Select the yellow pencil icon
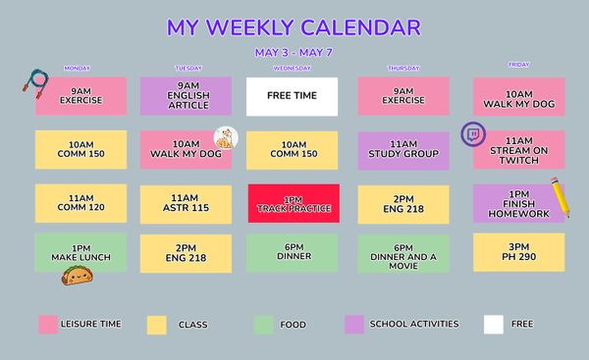coord(561,198)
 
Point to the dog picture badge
coord(227,138)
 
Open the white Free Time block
coord(292,96)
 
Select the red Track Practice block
coord(293,202)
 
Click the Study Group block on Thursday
coord(403,149)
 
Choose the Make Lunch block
coord(80,252)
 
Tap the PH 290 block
coord(518,251)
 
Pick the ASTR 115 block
coord(186,202)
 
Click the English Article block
coord(186,96)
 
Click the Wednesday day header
coord(292,69)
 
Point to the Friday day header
coord(518,65)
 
